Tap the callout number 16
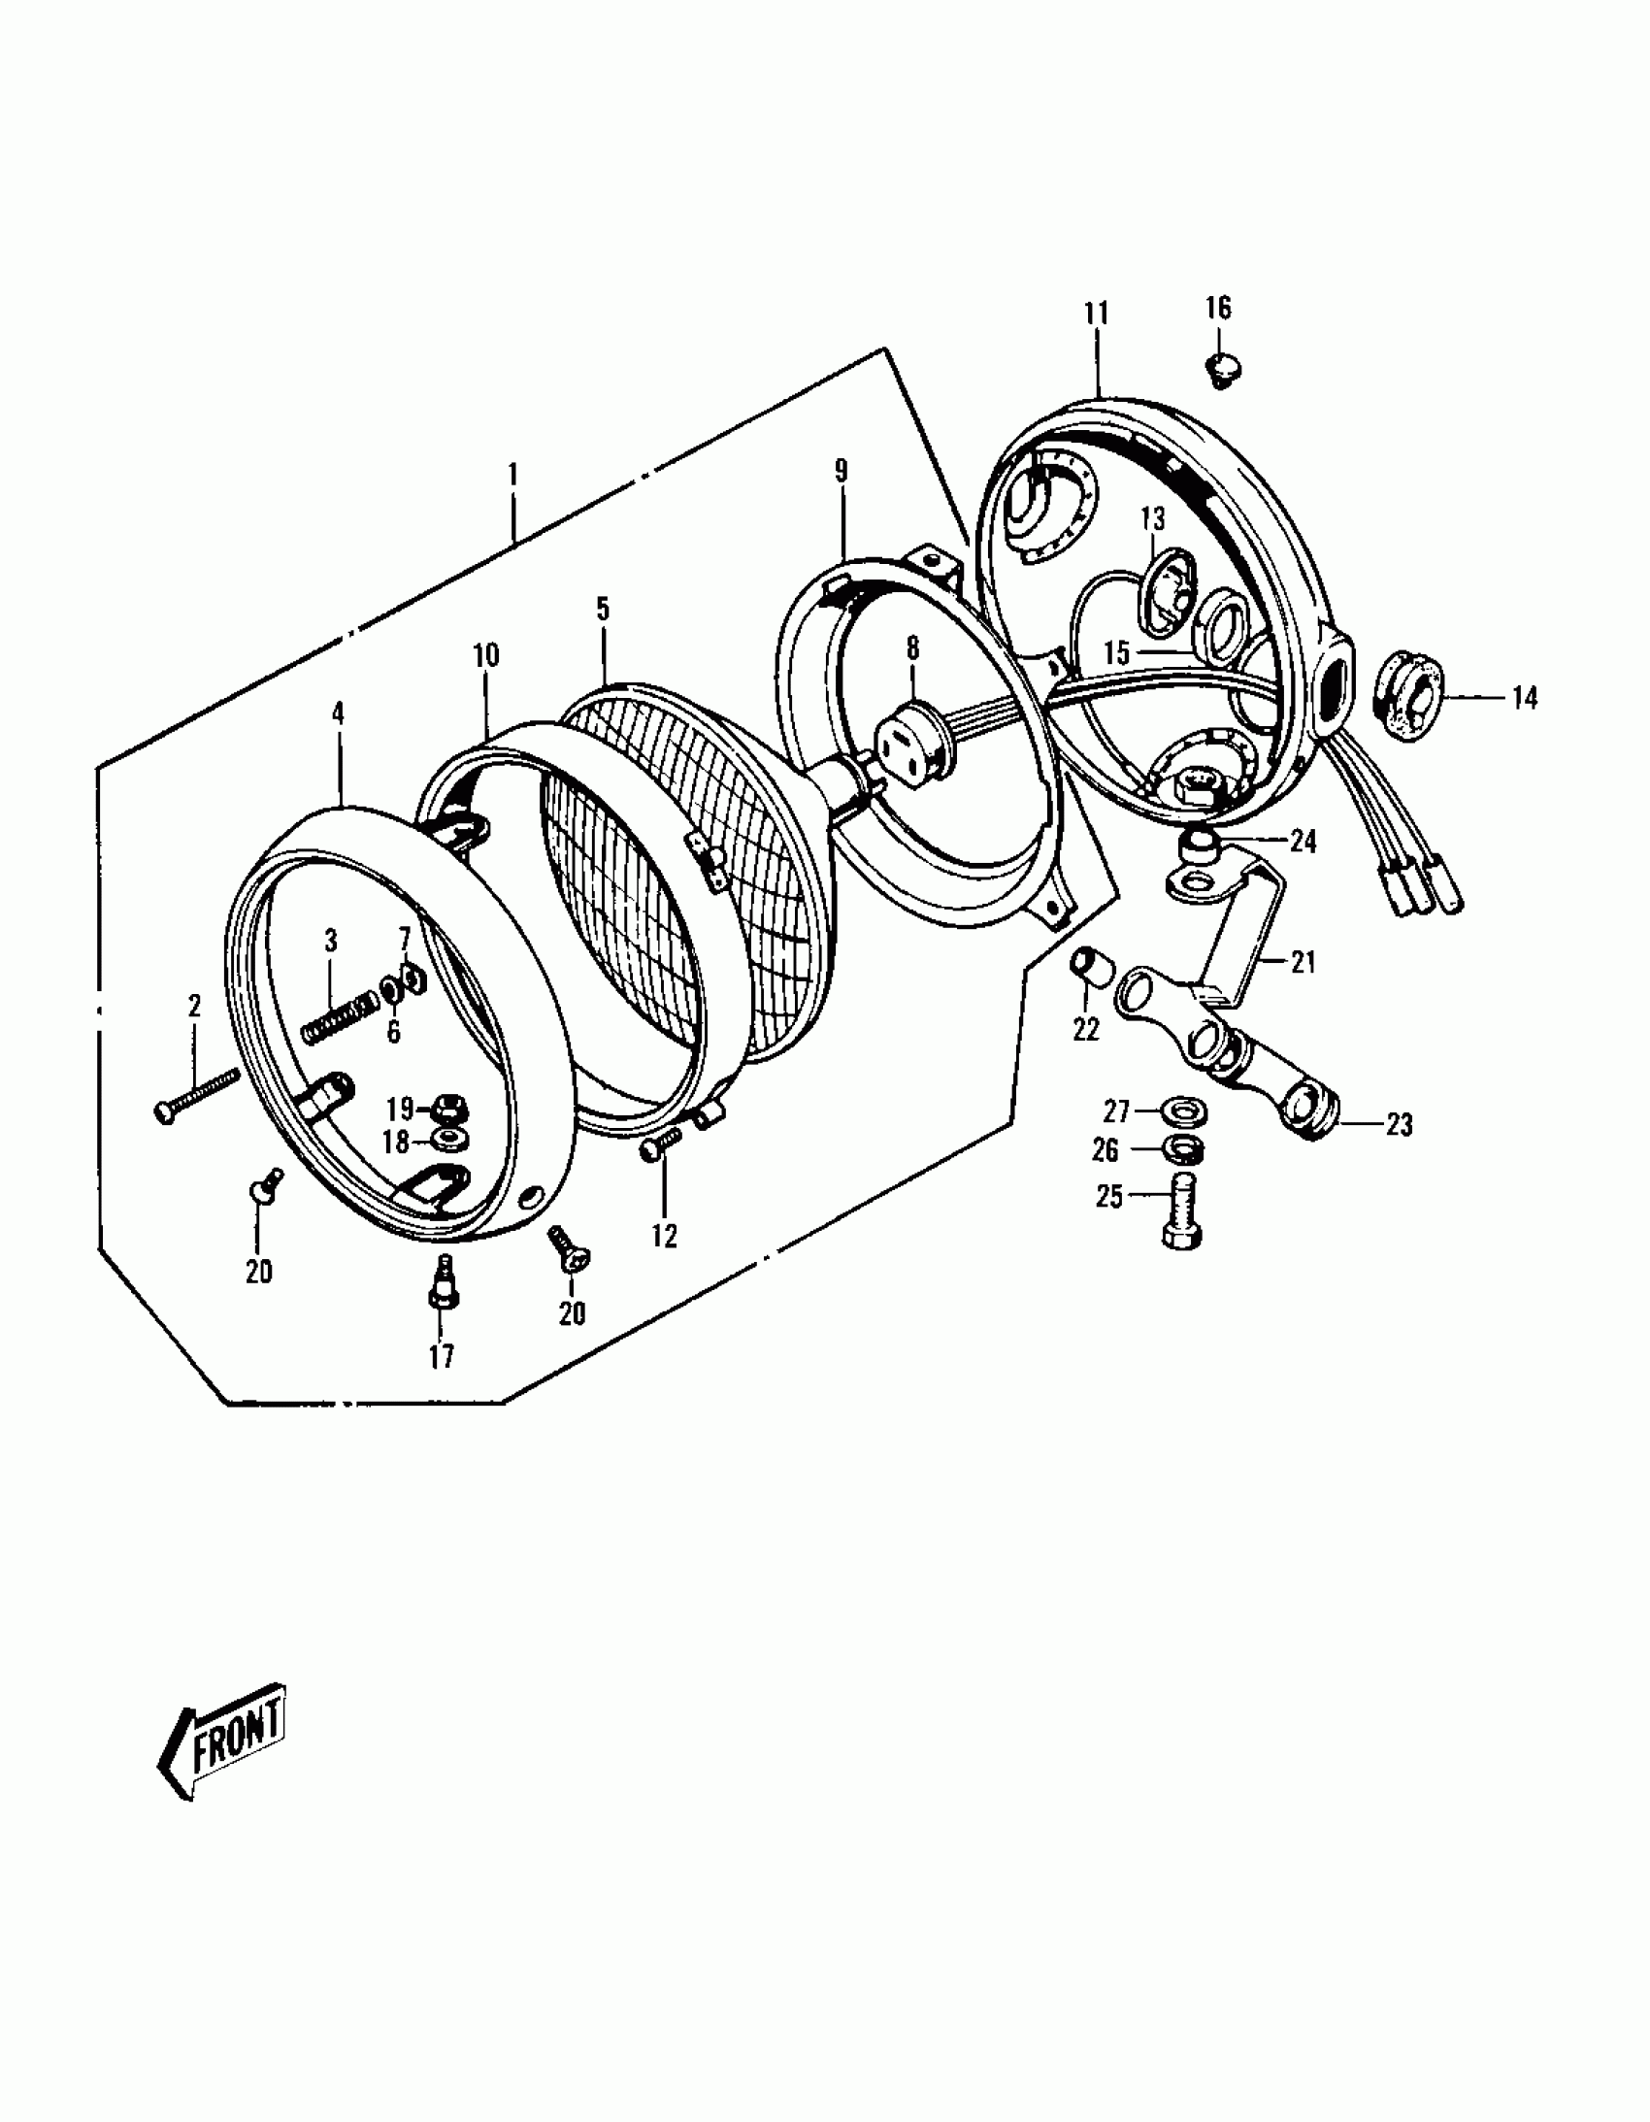1218,308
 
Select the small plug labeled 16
1225,369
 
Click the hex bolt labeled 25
1181,1208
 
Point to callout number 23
1399,1125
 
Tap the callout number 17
442,1356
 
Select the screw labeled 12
660,1147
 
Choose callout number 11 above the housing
1096,314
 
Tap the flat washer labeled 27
1179,1109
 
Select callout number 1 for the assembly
512,475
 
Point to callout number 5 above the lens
603,611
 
